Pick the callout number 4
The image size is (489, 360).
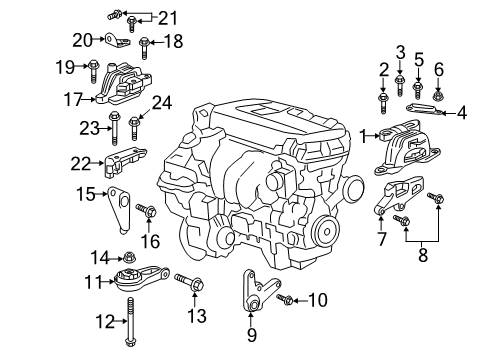(462, 113)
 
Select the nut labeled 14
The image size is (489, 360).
(129, 257)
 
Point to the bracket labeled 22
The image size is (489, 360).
(124, 159)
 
